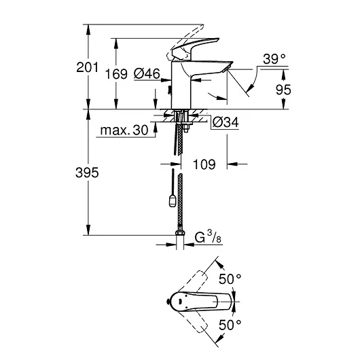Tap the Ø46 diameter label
(x=146, y=74)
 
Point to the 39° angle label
(x=274, y=60)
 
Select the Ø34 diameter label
(x=223, y=122)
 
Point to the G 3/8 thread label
(x=206, y=238)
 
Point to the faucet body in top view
(x=204, y=302)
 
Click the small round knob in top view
(x=170, y=302)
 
